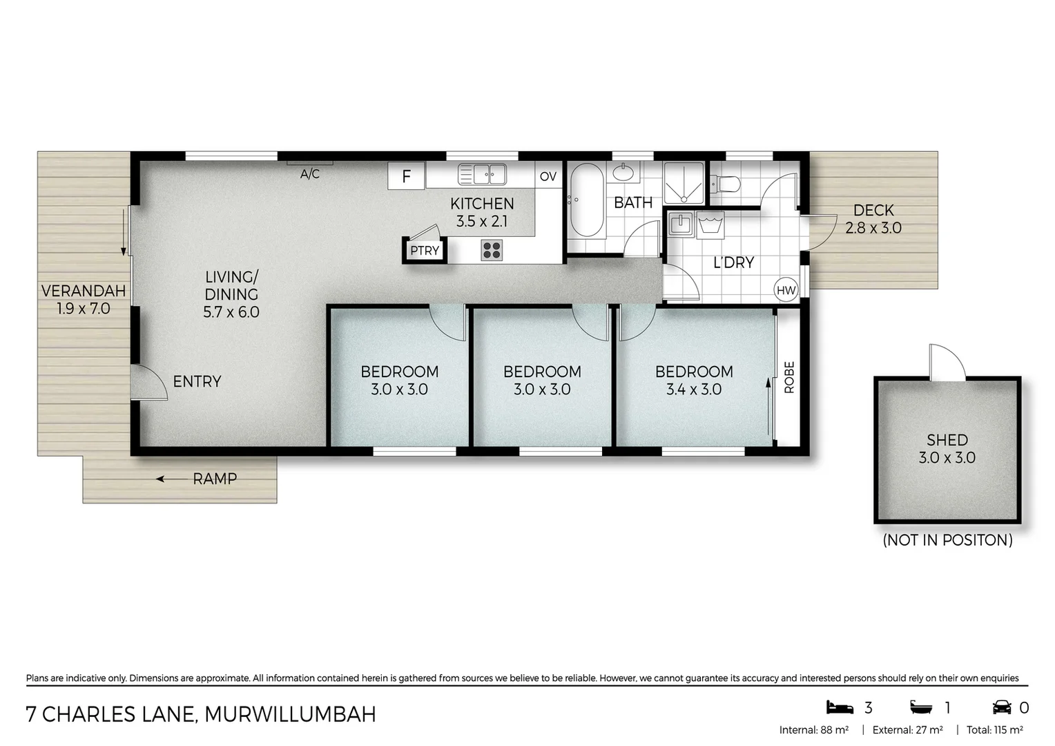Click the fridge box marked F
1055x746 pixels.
(x=406, y=176)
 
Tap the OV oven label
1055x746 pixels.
(x=548, y=176)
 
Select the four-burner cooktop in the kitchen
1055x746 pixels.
(x=492, y=250)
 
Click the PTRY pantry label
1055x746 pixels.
(x=425, y=251)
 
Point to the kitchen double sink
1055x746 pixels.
(x=482, y=174)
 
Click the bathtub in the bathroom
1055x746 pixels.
(x=587, y=200)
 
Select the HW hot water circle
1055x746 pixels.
(x=786, y=290)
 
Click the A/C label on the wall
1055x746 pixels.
(x=310, y=174)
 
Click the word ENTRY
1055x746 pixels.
(x=197, y=381)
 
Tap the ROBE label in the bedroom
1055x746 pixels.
(x=789, y=377)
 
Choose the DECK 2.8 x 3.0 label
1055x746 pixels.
(x=873, y=219)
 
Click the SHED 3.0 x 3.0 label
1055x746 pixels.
(x=947, y=448)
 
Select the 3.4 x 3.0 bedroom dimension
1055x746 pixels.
(x=693, y=390)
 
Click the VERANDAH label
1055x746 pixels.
(x=83, y=291)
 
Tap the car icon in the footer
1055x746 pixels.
(x=1002, y=707)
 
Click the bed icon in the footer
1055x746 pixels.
(x=840, y=707)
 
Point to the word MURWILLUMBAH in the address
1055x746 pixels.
(x=290, y=714)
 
